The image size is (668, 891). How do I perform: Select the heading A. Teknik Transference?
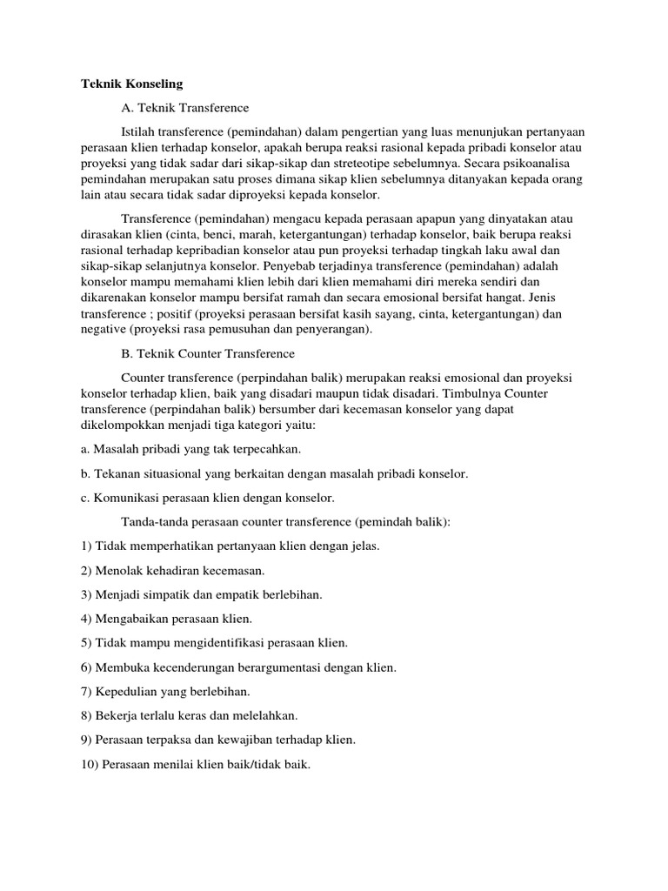184,107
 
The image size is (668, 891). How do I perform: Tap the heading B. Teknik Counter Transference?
208,354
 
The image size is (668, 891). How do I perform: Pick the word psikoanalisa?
554,163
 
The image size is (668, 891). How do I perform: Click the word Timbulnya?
491,393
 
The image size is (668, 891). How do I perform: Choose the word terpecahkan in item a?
262,450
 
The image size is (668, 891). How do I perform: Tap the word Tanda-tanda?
156,522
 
